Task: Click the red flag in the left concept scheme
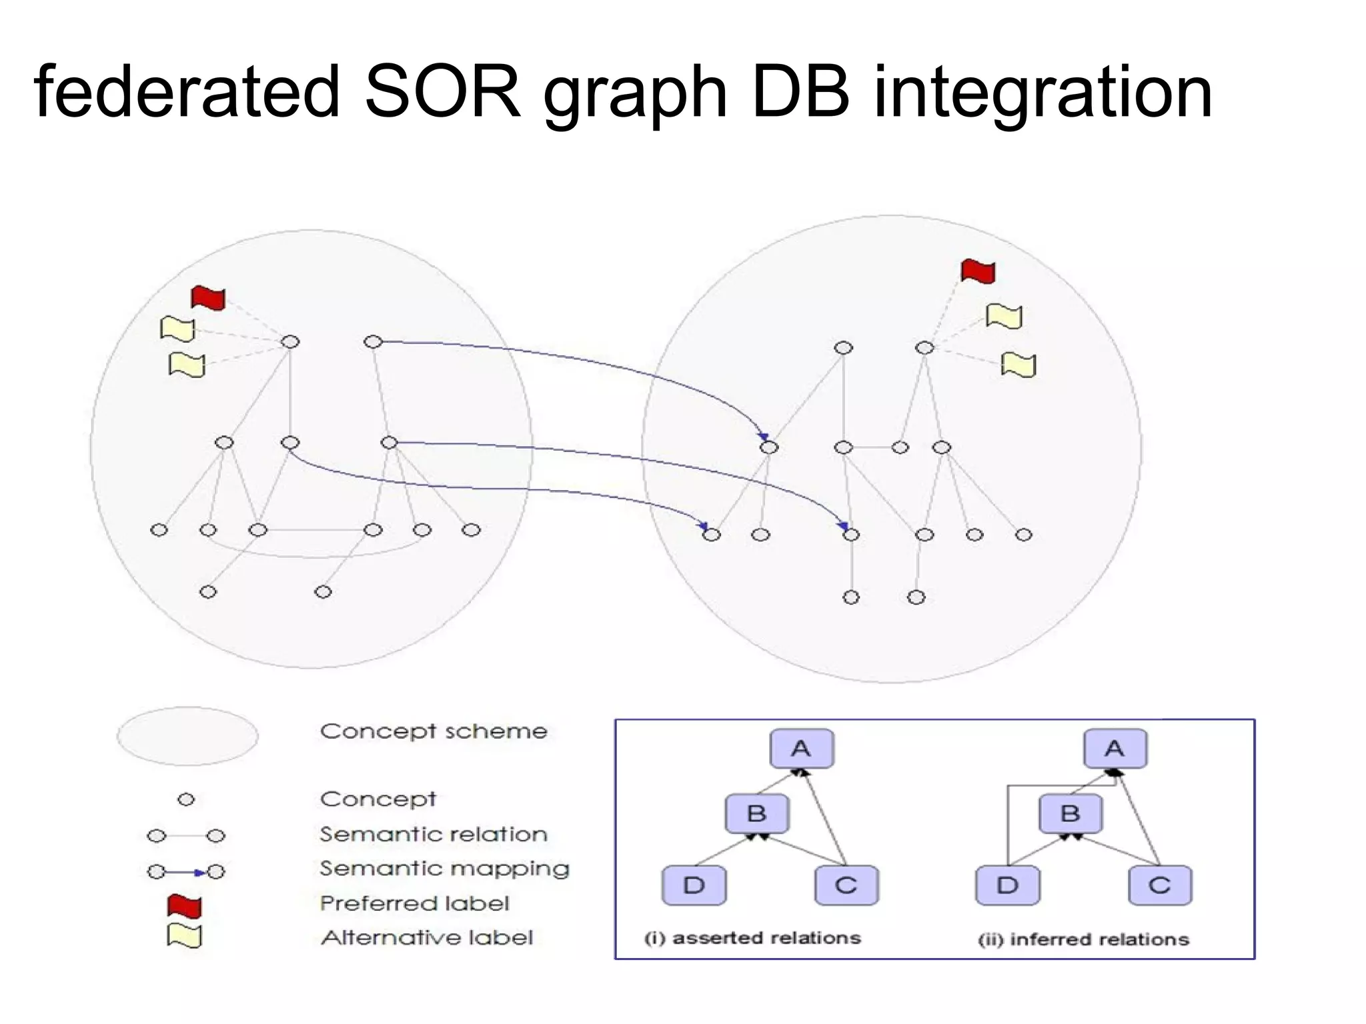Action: pos(208,298)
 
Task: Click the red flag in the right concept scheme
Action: pos(978,271)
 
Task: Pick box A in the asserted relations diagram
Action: pos(801,749)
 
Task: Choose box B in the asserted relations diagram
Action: pos(756,814)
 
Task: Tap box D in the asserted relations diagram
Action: pos(694,885)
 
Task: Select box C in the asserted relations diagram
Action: pos(846,885)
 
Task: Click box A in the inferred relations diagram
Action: pos(1115,749)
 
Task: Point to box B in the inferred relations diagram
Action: pos(1070,814)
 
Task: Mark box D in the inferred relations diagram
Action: pos(1007,885)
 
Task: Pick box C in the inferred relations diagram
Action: pos(1159,885)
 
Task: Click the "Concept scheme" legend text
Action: pos(434,731)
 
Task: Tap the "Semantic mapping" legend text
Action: pos(444,869)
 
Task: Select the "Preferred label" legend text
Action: pos(414,903)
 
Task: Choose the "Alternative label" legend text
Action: pos(427,938)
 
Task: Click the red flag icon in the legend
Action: pos(184,906)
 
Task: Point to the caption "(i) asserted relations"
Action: pos(752,938)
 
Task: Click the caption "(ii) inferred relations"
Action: pos(1083,939)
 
